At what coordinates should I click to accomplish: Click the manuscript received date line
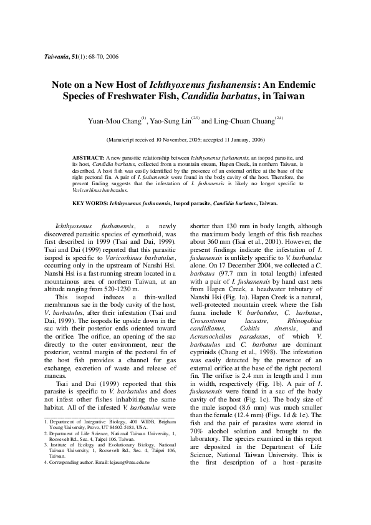(185, 142)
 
